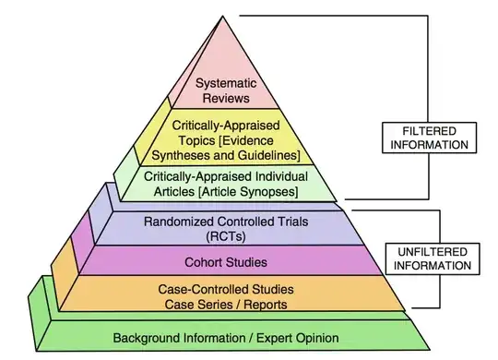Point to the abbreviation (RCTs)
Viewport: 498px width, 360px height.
click(x=225, y=236)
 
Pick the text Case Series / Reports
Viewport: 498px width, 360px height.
click(x=225, y=304)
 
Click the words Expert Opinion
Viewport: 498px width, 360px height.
click(x=286, y=338)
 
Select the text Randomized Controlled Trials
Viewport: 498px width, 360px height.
click(x=225, y=222)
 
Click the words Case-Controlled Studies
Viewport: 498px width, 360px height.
click(x=225, y=289)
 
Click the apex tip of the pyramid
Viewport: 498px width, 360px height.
click(x=225, y=13)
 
